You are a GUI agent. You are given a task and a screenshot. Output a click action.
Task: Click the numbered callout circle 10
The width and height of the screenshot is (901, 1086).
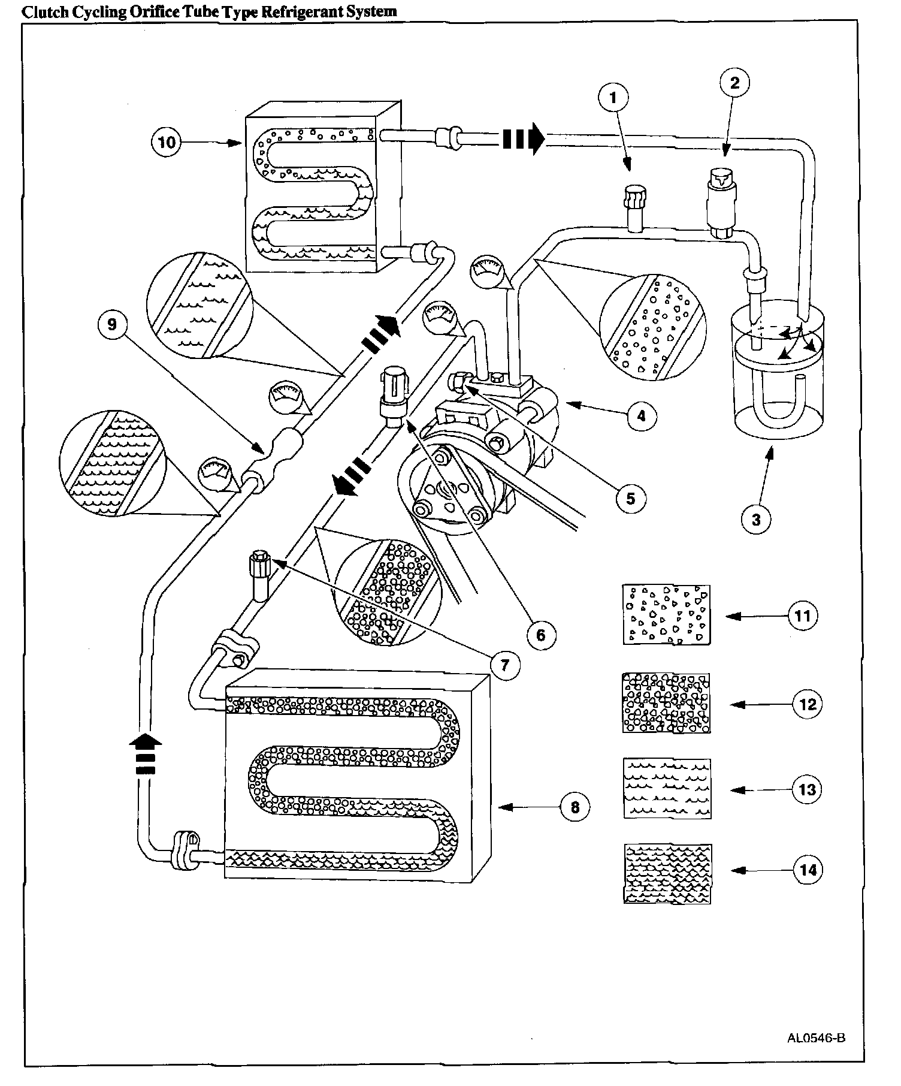pyautogui.click(x=168, y=142)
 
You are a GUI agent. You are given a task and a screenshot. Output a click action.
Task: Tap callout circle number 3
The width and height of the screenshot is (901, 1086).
pyautogui.click(x=756, y=519)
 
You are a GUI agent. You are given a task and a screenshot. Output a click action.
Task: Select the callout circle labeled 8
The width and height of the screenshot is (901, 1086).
pyautogui.click(x=575, y=807)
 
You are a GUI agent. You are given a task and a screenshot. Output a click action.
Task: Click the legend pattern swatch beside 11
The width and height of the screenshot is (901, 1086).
pyautogui.click(x=667, y=615)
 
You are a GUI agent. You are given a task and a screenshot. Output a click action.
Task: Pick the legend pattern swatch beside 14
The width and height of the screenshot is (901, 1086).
pyautogui.click(x=667, y=873)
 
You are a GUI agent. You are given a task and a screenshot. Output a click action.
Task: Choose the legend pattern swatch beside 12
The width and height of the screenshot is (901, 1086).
pyautogui.click(x=667, y=703)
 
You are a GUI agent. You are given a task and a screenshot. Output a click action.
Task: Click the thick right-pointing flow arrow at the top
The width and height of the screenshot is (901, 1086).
pyautogui.click(x=522, y=139)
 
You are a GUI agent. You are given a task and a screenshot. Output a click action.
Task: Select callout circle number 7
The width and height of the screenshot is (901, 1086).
pyautogui.click(x=504, y=664)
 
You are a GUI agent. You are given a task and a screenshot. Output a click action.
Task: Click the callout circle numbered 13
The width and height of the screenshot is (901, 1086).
pyautogui.click(x=808, y=789)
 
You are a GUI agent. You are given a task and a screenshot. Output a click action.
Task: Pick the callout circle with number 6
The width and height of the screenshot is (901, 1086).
pyautogui.click(x=541, y=634)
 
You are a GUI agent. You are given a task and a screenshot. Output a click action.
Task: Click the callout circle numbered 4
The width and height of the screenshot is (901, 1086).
pyautogui.click(x=642, y=415)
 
